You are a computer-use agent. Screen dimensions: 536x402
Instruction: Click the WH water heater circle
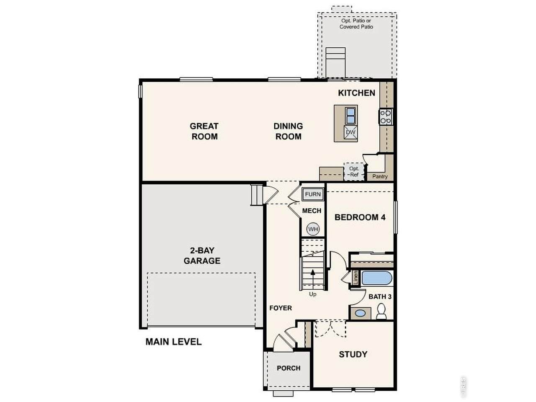313,229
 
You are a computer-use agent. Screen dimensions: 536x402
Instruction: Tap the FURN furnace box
312,194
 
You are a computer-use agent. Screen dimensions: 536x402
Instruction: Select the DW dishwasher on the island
350,132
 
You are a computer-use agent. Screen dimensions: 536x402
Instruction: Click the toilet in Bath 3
381,311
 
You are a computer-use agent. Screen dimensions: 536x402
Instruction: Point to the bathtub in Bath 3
377,278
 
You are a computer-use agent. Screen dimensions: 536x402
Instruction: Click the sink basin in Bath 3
360,313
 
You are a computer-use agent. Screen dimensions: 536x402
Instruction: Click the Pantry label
380,176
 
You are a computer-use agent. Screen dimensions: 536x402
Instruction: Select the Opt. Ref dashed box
354,172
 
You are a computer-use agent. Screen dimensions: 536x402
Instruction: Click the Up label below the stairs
312,294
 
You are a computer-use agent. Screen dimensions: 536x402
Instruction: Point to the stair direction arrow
312,279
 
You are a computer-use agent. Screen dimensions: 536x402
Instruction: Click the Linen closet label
356,278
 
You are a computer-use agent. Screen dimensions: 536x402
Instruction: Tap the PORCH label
289,368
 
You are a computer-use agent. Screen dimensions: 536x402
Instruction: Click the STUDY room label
353,354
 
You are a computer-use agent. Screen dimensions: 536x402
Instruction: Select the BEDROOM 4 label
360,217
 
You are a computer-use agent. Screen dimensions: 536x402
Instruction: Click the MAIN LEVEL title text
173,342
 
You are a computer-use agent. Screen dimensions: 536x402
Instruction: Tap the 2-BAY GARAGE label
202,255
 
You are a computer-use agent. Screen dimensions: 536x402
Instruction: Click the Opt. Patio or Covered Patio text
356,24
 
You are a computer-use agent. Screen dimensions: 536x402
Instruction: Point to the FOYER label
281,308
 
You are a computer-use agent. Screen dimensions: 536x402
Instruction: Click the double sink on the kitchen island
350,116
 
